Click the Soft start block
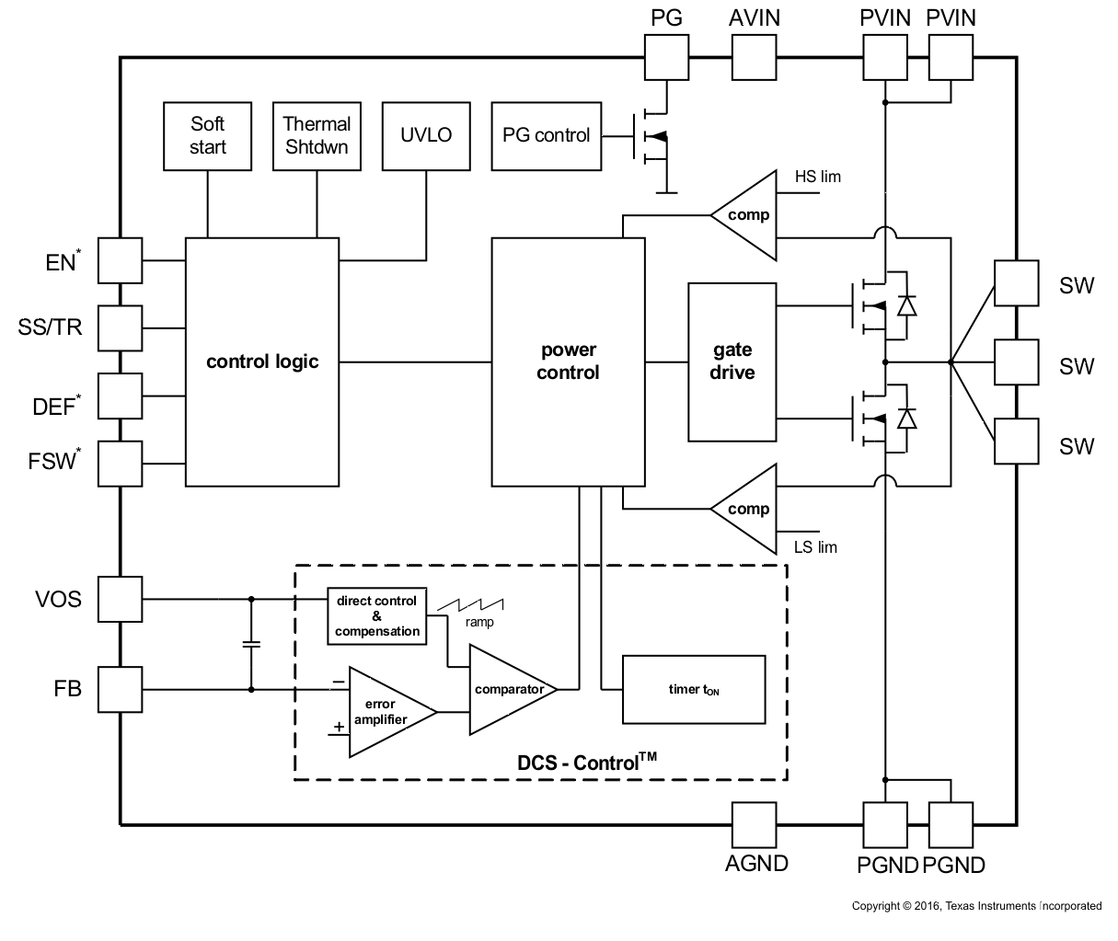pyautogui.click(x=207, y=135)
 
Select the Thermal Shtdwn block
pyautogui.click(x=317, y=135)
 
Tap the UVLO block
pyautogui.click(x=426, y=135)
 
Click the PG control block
pyautogui.click(x=546, y=135)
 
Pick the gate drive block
pyautogui.click(x=732, y=361)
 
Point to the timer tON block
pyautogui.click(x=694, y=689)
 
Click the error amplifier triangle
pyautogui.click(x=386, y=711)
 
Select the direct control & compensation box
pyautogui.click(x=377, y=616)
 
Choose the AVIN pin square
pyautogui.click(x=754, y=58)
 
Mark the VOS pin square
pyautogui.click(x=120, y=600)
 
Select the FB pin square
pyautogui.click(x=120, y=689)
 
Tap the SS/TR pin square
pyautogui.click(x=120, y=327)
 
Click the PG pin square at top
pyautogui.click(x=665, y=58)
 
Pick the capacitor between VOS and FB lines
pyautogui.click(x=250, y=644)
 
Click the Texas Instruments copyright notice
pyautogui.click(x=976, y=906)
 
